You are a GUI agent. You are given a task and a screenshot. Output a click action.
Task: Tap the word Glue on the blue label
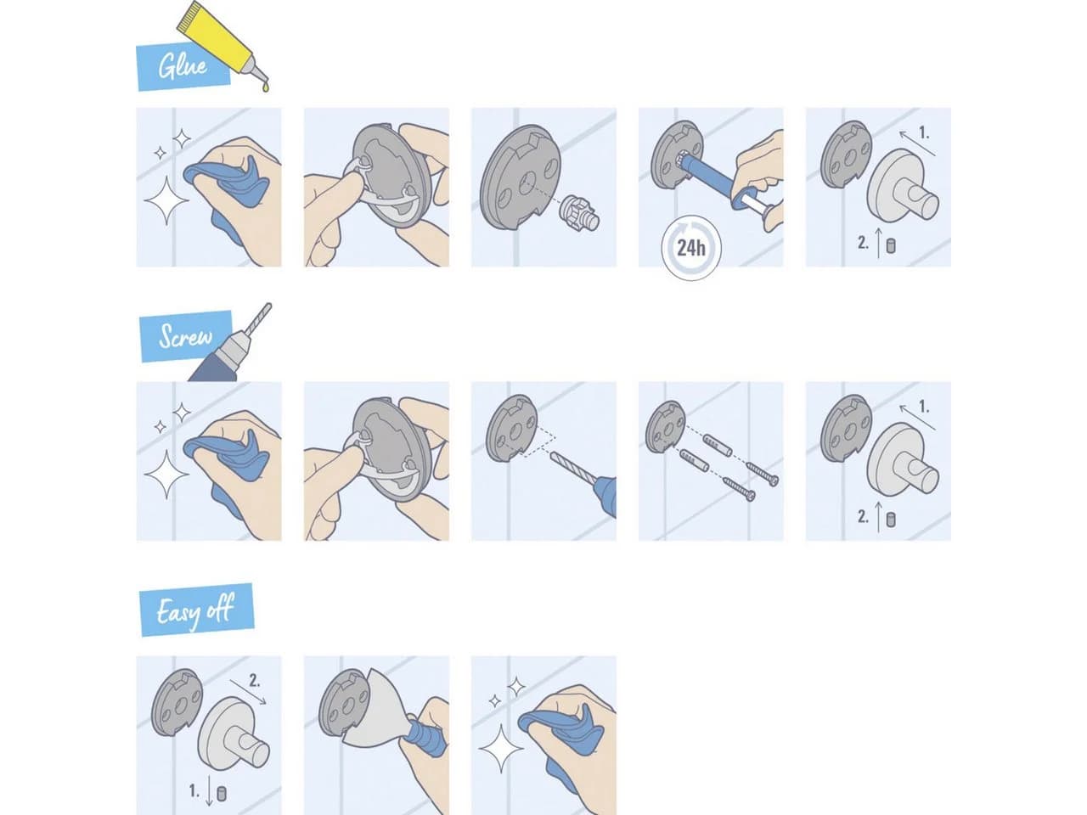(x=183, y=66)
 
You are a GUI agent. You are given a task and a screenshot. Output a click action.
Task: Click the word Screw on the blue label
(x=185, y=336)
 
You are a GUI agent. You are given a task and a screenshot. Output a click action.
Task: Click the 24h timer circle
(x=691, y=248)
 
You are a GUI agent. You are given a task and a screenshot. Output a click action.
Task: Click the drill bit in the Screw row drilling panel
(x=574, y=467)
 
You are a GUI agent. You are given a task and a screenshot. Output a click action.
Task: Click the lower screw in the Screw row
(x=739, y=487)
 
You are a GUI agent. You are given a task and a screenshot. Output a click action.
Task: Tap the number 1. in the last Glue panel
(x=924, y=132)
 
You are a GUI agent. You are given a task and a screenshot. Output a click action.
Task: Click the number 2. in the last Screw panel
(x=863, y=517)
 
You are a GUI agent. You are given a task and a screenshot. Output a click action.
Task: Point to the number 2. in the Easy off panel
(x=255, y=680)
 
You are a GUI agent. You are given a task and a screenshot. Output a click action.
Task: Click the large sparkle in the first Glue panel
(x=166, y=200)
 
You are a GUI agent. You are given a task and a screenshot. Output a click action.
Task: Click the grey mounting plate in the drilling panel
(x=511, y=428)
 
